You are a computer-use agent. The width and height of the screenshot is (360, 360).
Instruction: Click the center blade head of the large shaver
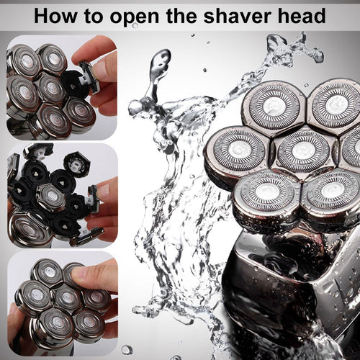click(303, 152)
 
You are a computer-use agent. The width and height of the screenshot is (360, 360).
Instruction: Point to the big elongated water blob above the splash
click(156, 75)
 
